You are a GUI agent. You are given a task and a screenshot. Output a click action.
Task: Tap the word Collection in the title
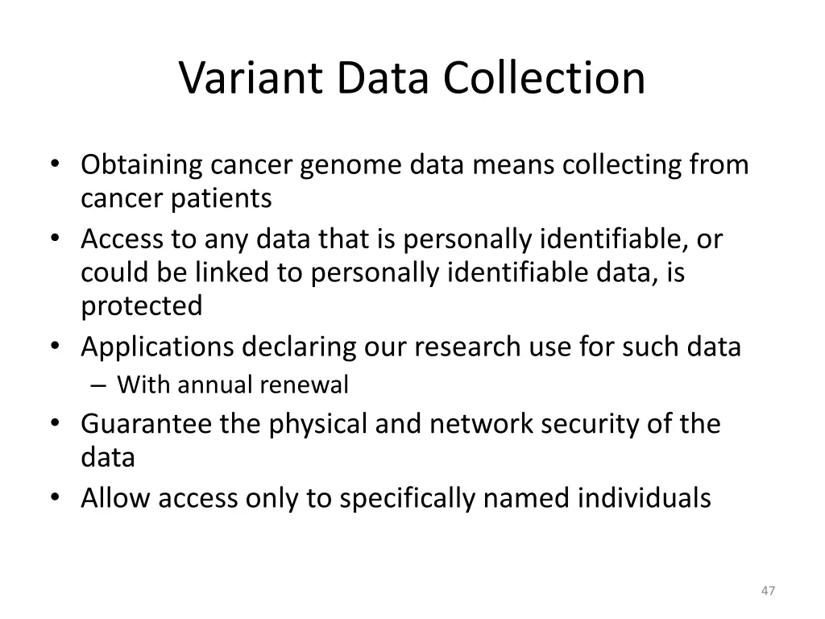(x=544, y=78)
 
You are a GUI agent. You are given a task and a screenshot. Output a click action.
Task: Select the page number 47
(x=768, y=591)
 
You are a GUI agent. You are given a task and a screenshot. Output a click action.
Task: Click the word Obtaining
(x=142, y=165)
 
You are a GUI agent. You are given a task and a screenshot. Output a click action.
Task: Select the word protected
(x=142, y=305)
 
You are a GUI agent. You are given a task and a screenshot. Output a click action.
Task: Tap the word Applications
(x=156, y=347)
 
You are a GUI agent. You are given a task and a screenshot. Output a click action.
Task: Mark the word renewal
(x=303, y=385)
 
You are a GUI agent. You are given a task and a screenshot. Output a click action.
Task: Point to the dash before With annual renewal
(x=98, y=386)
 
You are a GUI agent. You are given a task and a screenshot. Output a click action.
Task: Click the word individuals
(x=644, y=498)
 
